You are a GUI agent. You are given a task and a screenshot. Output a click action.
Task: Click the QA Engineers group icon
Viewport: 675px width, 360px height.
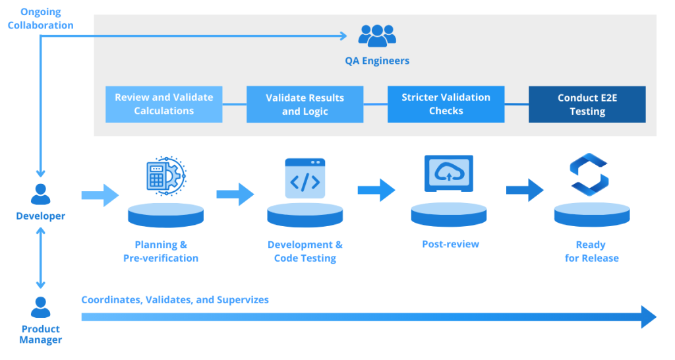(377, 36)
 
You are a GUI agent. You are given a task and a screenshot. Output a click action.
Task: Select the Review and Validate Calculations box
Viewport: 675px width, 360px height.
(164, 104)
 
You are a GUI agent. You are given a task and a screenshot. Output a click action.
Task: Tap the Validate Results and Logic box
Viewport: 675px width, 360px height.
(305, 104)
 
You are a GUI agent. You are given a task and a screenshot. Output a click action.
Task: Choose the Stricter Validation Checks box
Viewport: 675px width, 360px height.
(446, 104)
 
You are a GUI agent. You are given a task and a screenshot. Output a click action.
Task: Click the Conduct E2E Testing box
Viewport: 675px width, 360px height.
(587, 104)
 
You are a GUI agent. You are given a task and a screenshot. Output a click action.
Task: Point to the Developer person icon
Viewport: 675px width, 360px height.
(40, 195)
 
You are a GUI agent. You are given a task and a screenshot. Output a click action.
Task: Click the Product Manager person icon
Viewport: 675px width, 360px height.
(40, 307)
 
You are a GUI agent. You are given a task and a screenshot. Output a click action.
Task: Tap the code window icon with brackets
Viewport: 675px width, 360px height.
(305, 178)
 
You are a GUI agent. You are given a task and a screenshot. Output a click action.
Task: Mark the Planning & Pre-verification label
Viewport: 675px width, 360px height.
(161, 251)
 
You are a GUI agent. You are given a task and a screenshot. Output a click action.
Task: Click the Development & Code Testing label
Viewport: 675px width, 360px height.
(305, 251)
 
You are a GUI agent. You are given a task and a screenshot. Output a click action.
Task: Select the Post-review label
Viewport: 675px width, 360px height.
(450, 244)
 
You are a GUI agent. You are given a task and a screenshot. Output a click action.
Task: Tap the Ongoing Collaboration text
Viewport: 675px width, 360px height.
(40, 18)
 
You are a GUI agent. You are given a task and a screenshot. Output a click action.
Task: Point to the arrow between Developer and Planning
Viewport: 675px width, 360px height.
(100, 195)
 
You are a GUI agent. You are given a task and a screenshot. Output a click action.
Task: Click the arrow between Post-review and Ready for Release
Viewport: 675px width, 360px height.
(525, 191)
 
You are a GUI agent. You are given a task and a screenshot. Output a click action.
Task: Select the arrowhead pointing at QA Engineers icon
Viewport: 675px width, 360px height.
(343, 36)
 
